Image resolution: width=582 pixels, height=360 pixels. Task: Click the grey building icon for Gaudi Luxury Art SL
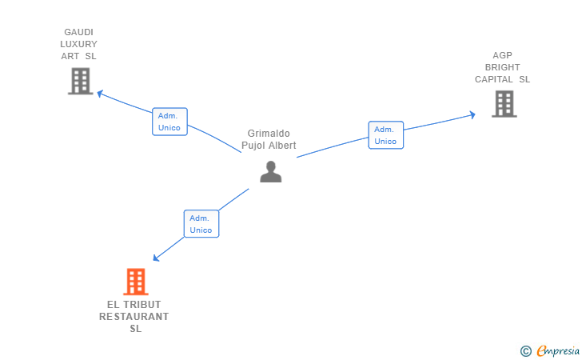pyautogui.click(x=80, y=81)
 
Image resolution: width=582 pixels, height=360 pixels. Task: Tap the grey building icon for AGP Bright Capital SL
pyautogui.click(x=504, y=103)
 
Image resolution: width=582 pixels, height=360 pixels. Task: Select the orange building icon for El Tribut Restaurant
pyautogui.click(x=136, y=282)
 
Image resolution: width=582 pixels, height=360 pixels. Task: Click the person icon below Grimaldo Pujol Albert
pyautogui.click(x=271, y=171)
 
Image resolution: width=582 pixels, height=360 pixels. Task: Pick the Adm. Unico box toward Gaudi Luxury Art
pyautogui.click(x=169, y=122)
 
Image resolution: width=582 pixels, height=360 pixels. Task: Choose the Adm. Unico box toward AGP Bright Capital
pyautogui.click(x=385, y=135)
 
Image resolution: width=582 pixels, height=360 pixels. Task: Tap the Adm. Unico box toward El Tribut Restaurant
pyautogui.click(x=201, y=224)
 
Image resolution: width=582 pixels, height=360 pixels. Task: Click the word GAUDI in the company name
pyautogui.click(x=79, y=33)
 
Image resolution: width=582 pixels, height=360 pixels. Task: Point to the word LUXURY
pyautogui.click(x=79, y=44)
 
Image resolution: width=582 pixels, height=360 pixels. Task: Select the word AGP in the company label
pyautogui.click(x=503, y=56)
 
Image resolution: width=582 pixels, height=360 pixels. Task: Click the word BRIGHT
pyautogui.click(x=503, y=68)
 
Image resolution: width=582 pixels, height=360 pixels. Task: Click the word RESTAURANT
pyautogui.click(x=134, y=317)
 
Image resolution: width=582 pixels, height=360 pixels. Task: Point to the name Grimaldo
pyautogui.click(x=269, y=134)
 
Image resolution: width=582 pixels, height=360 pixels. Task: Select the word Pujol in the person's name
pyautogui.click(x=257, y=146)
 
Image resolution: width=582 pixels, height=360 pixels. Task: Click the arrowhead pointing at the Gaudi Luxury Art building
pyautogui.click(x=100, y=93)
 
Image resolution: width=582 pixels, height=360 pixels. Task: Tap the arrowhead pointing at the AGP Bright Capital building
pyautogui.click(x=472, y=115)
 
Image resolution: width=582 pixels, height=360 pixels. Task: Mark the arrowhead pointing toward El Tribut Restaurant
pyautogui.click(x=157, y=258)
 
